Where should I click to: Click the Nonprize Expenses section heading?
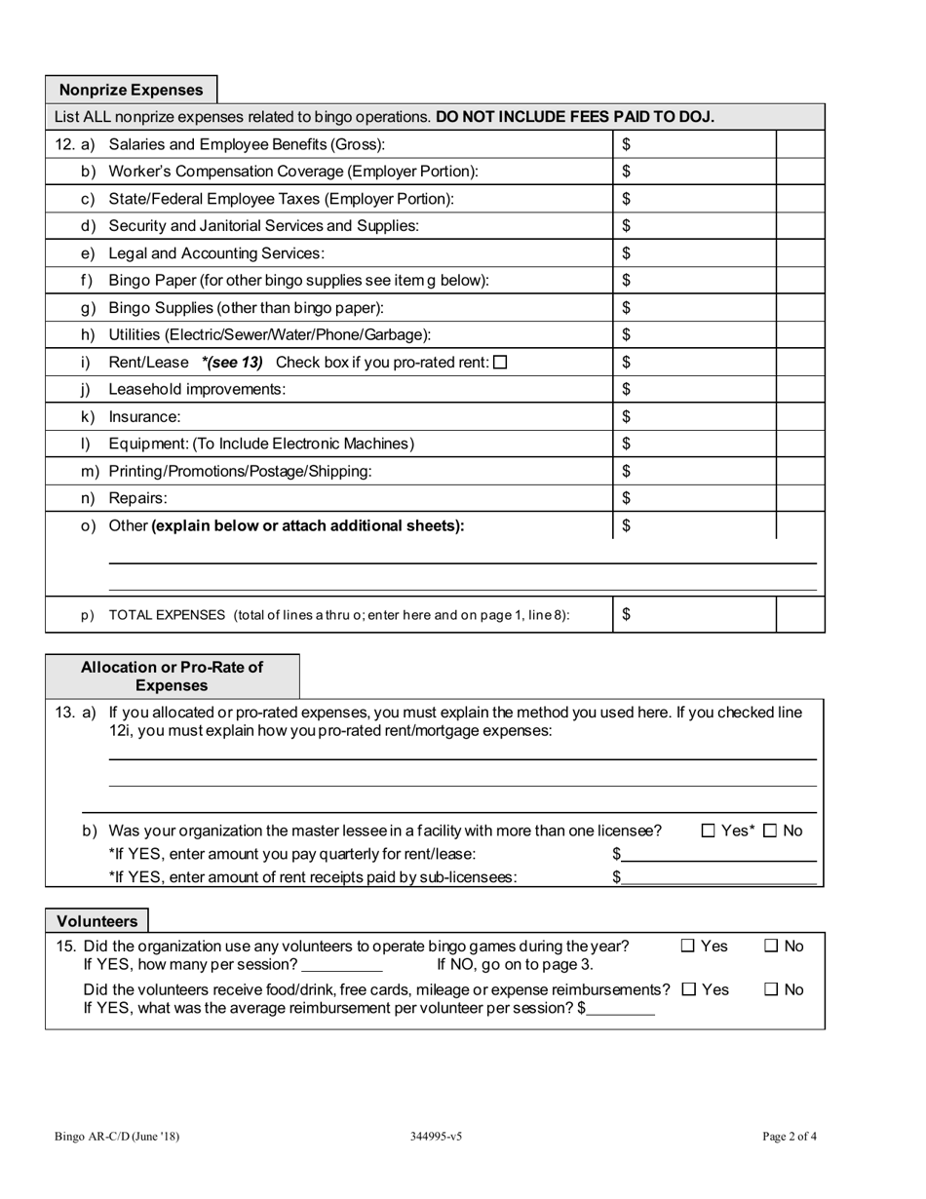tap(131, 90)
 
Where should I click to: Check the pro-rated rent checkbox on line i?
tap(501, 363)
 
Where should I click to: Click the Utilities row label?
tap(269, 335)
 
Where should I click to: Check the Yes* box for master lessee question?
tap(709, 832)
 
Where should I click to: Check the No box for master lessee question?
tap(770, 832)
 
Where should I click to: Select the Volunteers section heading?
tap(96, 921)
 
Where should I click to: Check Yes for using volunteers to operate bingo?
tap(688, 946)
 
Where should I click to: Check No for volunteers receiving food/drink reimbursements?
tap(771, 989)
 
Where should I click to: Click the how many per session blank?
tap(342, 965)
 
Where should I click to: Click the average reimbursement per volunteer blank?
tap(622, 1009)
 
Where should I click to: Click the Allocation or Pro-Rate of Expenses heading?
tap(172, 677)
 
